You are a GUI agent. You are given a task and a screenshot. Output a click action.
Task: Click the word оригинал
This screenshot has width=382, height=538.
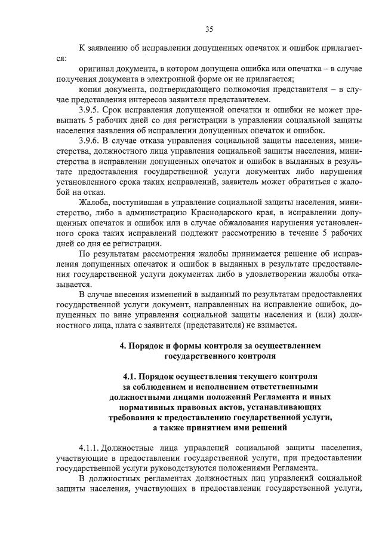click(98, 69)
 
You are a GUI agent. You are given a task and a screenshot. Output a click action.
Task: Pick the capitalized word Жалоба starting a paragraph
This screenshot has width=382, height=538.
click(95, 204)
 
